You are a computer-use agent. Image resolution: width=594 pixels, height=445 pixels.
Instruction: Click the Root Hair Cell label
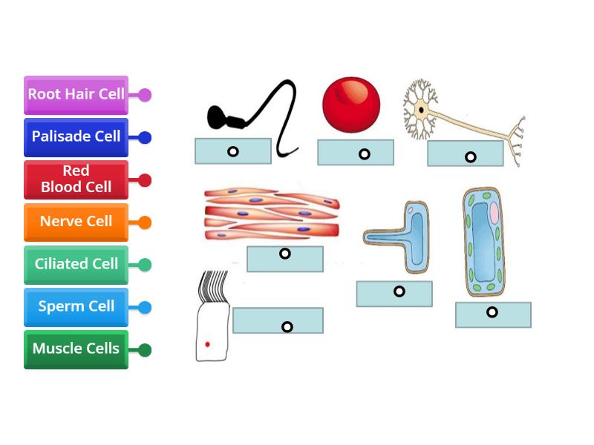pos(76,95)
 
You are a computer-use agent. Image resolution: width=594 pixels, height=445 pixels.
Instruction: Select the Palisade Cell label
pos(76,137)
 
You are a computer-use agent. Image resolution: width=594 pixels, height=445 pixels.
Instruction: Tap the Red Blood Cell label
pos(76,179)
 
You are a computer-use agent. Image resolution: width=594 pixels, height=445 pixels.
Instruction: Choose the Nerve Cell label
pos(76,222)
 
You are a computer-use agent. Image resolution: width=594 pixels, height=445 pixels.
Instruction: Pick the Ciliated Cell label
pos(76,265)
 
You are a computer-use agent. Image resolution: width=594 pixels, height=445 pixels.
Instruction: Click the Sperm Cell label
pos(76,307)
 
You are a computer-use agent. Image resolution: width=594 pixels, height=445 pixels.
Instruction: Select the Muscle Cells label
pos(76,349)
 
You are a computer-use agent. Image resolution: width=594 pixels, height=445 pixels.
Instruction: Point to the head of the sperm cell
pos(220,116)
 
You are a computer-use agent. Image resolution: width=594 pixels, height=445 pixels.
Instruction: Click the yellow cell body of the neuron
pos(421,111)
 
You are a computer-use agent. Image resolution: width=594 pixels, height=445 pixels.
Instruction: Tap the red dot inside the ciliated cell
pos(208,344)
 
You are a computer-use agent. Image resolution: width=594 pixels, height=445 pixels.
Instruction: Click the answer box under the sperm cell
pos(232,151)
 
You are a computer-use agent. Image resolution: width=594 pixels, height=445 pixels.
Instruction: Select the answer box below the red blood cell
pos(356,154)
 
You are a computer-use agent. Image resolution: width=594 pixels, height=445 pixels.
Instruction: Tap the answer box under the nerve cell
pos(466,154)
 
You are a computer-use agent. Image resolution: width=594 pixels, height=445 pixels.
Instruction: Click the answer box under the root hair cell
pos(394,294)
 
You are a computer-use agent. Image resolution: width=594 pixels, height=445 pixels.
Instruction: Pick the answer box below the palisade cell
pos(493,314)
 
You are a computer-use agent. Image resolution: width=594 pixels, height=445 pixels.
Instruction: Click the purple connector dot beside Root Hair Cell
pos(145,95)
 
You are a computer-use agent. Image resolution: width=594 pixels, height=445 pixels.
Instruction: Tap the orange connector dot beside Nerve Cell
pos(145,222)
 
